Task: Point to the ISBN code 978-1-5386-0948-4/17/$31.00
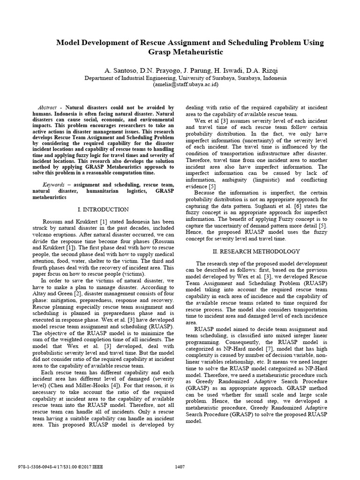coord(42,466)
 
